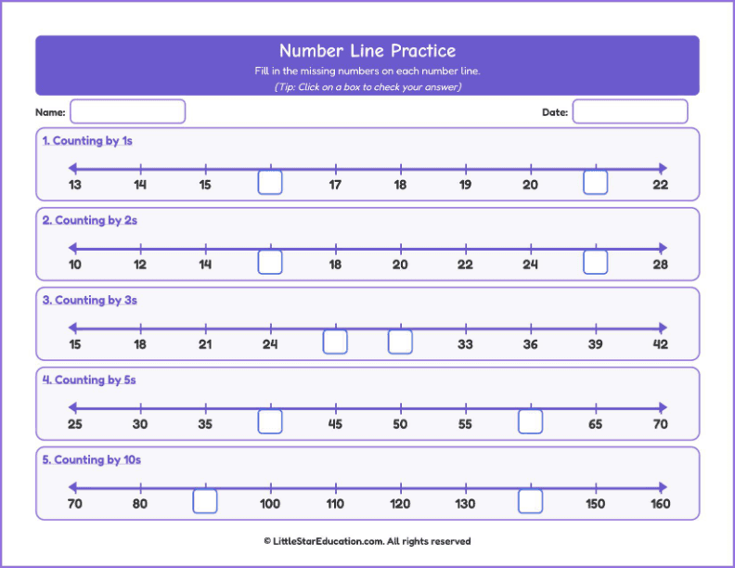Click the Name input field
pyautogui.click(x=127, y=111)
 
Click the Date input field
pyautogui.click(x=630, y=111)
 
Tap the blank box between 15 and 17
pyautogui.click(x=270, y=182)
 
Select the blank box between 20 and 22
pyautogui.click(x=595, y=182)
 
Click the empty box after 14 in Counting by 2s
pyautogui.click(x=270, y=262)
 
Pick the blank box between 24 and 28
pyautogui.click(x=595, y=262)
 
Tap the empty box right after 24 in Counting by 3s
pyautogui.click(x=335, y=342)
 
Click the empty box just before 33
pyautogui.click(x=400, y=342)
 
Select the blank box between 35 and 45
pyautogui.click(x=270, y=421)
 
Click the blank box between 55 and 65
pyautogui.click(x=531, y=421)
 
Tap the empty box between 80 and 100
pyautogui.click(x=205, y=501)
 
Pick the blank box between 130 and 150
pyautogui.click(x=531, y=501)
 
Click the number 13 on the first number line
pyautogui.click(x=75, y=185)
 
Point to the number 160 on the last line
pyautogui.click(x=661, y=504)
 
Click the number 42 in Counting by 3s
pyautogui.click(x=661, y=344)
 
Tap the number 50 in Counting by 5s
pyautogui.click(x=400, y=424)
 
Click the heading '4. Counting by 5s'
pyautogui.click(x=89, y=380)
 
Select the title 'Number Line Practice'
pyautogui.click(x=367, y=51)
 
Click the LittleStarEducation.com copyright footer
pyautogui.click(x=367, y=541)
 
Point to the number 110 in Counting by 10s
pyautogui.click(x=335, y=504)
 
